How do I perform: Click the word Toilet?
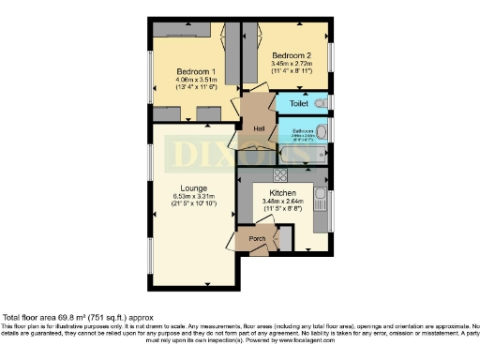(x=299, y=103)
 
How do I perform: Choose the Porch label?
(x=258, y=239)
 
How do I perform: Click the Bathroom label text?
(x=302, y=130)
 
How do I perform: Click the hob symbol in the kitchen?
(x=278, y=175)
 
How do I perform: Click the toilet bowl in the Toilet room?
(x=321, y=103)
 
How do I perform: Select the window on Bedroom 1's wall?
(x=151, y=84)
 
